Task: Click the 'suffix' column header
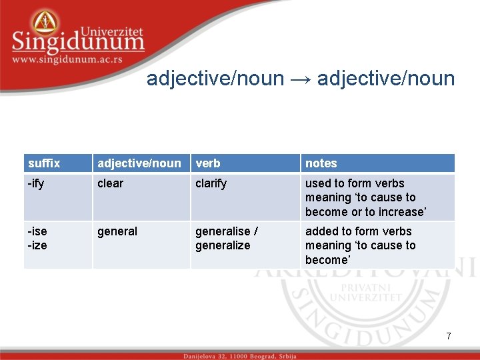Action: point(44,163)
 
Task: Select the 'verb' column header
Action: point(207,163)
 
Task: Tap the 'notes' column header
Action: point(321,163)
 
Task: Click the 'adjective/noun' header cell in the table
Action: point(139,163)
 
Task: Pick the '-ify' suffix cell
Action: point(36,183)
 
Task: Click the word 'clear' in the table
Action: point(110,183)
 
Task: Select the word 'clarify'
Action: point(211,183)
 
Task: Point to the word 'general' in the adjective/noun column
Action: point(117,231)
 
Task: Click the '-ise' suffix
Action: point(37,231)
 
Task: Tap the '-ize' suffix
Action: point(37,245)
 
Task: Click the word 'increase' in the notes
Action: point(402,212)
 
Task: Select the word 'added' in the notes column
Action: point(321,231)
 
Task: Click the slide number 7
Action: point(449,337)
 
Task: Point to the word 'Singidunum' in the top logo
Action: point(77,42)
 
